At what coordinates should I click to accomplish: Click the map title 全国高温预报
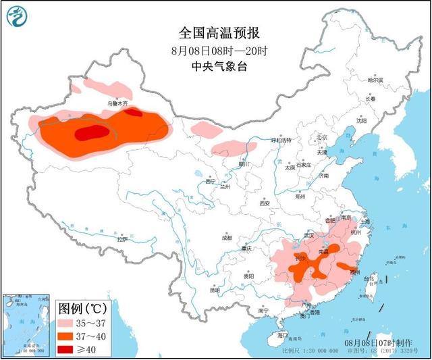point(216,32)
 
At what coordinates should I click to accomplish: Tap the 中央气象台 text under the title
point(216,66)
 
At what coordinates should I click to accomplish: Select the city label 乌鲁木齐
point(118,104)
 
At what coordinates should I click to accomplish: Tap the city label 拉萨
point(122,239)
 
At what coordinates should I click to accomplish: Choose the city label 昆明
point(215,291)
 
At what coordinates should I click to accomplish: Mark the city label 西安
point(265,203)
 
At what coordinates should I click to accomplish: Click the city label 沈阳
point(362,122)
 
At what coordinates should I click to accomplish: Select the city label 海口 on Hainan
point(282,335)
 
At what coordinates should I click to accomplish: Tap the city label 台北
point(369,278)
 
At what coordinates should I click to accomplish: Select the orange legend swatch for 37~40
point(67,336)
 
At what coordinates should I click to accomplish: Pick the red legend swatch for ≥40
point(67,349)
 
